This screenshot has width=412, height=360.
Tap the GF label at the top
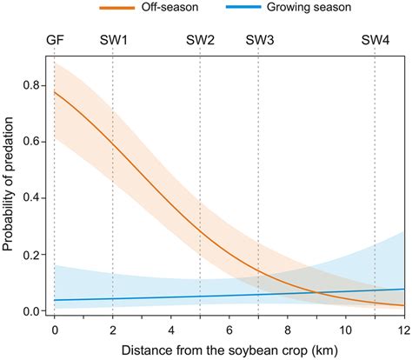click(x=55, y=41)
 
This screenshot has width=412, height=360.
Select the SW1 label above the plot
click(x=113, y=41)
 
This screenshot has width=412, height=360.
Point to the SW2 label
click(x=200, y=41)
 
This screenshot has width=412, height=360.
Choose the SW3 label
click(x=259, y=41)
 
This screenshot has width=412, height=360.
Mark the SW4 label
click(x=375, y=41)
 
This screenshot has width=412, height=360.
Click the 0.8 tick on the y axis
click(x=32, y=85)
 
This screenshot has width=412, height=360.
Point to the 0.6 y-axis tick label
click(x=32, y=142)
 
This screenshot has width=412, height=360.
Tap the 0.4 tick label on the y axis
click(x=32, y=198)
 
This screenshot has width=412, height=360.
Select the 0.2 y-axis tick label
click(x=32, y=255)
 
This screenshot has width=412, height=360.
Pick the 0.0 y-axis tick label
click(x=32, y=311)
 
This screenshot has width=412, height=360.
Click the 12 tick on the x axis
click(x=404, y=331)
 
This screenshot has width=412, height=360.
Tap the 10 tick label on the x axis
click(x=346, y=331)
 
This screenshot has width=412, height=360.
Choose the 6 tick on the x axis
click(x=229, y=331)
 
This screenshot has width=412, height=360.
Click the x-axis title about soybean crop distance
click(x=229, y=350)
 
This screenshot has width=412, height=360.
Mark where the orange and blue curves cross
click(x=317, y=293)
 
